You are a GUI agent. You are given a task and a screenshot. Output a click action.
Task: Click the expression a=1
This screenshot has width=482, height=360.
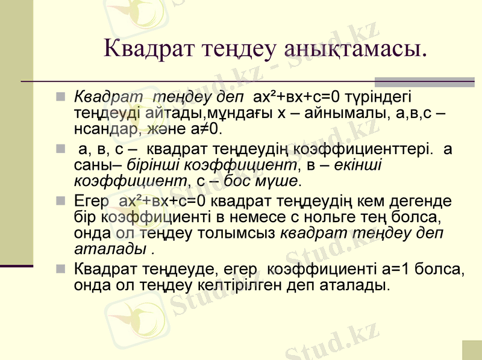(x=395, y=268)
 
